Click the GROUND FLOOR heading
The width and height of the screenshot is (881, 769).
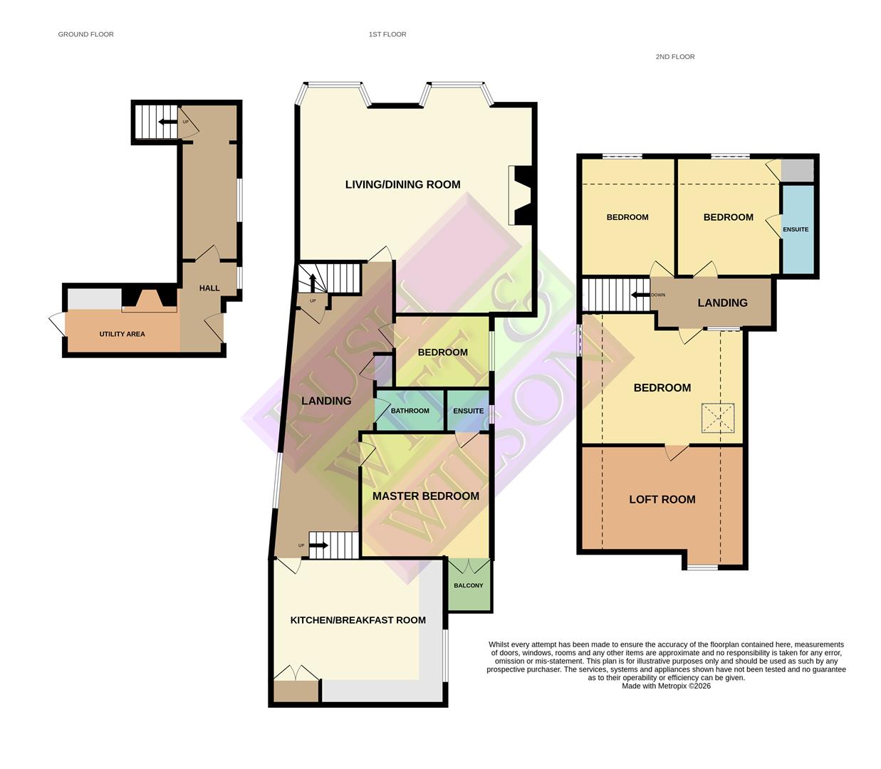click(x=85, y=34)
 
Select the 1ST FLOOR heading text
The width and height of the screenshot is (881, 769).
click(x=387, y=34)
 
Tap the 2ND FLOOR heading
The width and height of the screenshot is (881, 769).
click(x=674, y=56)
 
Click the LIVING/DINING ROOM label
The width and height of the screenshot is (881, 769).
click(x=402, y=184)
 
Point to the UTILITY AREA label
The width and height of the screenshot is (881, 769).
click(x=122, y=334)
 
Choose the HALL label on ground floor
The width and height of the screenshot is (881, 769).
click(x=209, y=288)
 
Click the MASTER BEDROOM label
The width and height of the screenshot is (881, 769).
click(x=425, y=496)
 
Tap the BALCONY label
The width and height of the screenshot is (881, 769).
click(x=469, y=585)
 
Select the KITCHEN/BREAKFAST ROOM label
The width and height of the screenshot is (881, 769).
click(x=358, y=620)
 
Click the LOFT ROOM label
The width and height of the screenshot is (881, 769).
click(x=662, y=500)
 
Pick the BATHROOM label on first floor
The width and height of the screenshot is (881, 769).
click(x=410, y=411)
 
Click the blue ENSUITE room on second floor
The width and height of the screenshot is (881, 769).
click(x=796, y=229)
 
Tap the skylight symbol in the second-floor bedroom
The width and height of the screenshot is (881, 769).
click(x=717, y=419)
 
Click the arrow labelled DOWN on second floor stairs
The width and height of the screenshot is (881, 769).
click(x=640, y=295)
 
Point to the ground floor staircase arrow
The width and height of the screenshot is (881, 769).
click(x=167, y=122)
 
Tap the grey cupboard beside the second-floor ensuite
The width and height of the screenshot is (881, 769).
click(x=797, y=170)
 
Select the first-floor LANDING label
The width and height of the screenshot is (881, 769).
click(x=326, y=401)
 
